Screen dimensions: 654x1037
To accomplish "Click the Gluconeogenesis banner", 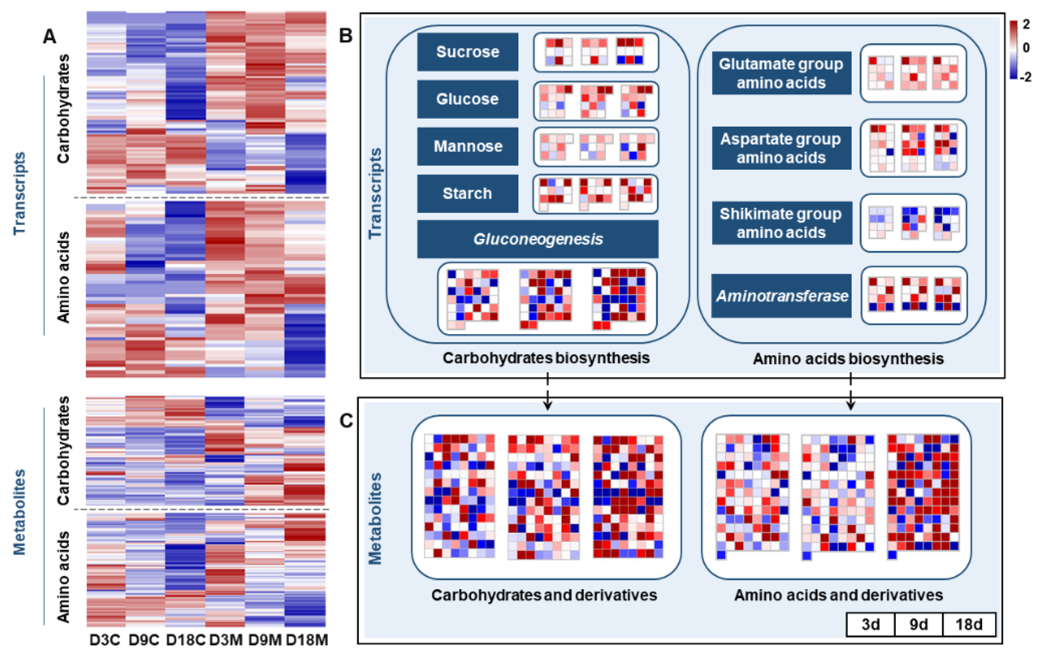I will tap(537, 239).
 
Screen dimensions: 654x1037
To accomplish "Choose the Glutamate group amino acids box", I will tap(781, 73).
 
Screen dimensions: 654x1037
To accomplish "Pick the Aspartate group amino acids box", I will tap(781, 148).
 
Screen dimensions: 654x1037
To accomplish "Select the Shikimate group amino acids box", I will tap(782, 223).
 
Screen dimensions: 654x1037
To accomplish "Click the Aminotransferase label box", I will tap(781, 296).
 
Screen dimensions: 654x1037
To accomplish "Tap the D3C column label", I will tap(105, 640).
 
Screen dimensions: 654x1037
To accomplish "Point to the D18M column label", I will tap(307, 640).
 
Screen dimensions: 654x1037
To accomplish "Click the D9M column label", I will tap(265, 640).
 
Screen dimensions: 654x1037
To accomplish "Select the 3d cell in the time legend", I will tap(870, 624).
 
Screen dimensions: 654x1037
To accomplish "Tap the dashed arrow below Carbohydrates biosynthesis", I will tap(547, 391).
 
